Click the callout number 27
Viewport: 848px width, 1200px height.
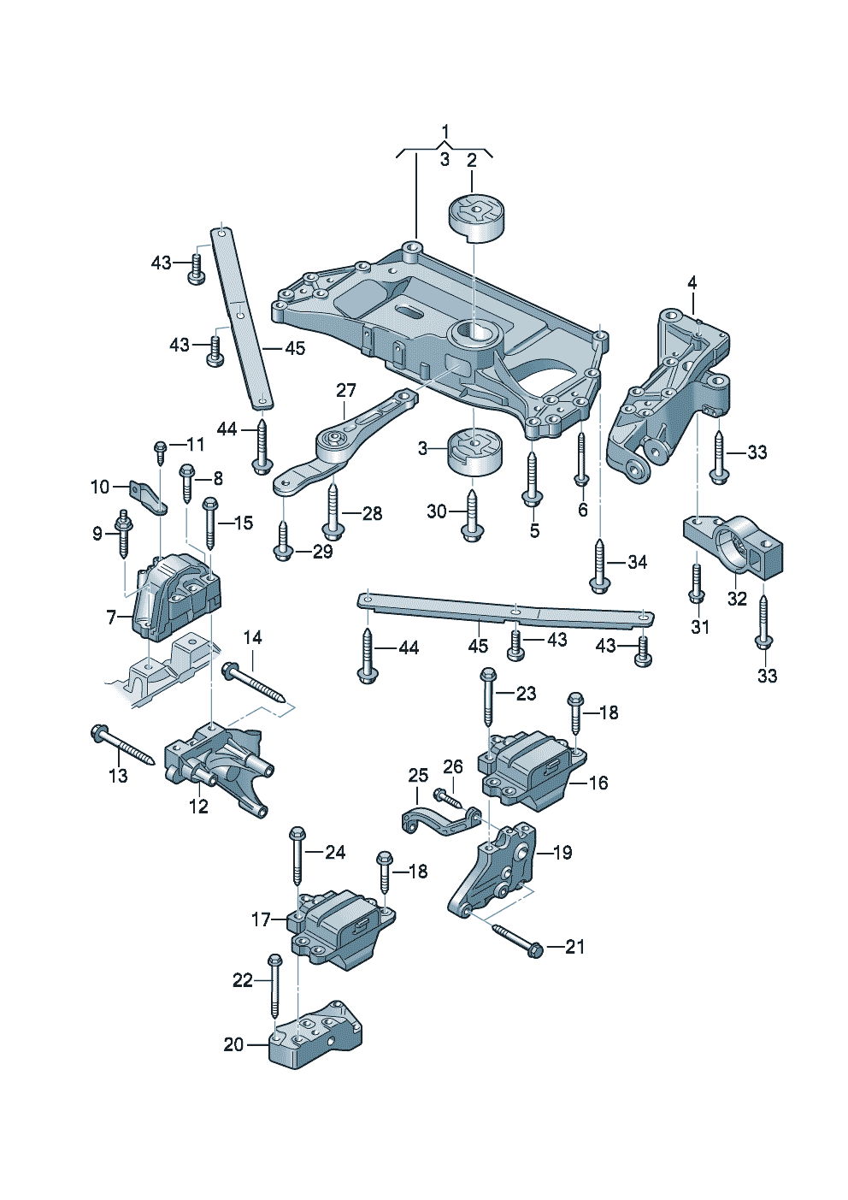pos(345,391)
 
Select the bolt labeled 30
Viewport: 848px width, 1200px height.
pos(471,514)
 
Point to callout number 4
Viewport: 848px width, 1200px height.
pos(692,283)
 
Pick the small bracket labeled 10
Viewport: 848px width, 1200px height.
pos(149,497)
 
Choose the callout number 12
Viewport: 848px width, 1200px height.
pos(198,806)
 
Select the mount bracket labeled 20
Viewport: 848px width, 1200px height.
pos(315,1036)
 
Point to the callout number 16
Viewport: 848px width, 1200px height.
pos(598,783)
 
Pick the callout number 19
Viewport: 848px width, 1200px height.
pos(562,852)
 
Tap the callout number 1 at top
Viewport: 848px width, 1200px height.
pos(445,132)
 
